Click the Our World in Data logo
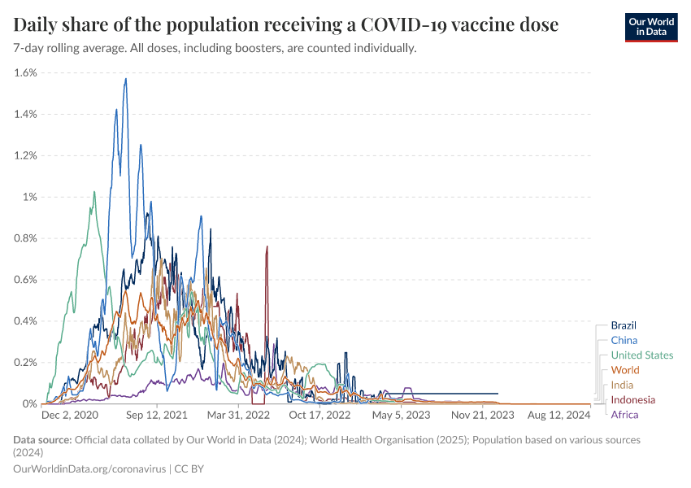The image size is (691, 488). (650, 27)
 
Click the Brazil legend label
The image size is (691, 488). (623, 325)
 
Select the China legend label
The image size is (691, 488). (624, 340)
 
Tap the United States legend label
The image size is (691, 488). (641, 355)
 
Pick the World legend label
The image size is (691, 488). (624, 370)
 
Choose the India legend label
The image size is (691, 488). (622, 385)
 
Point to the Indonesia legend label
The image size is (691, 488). (632, 399)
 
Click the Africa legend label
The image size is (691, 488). (624, 415)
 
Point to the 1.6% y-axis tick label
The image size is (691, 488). (26, 72)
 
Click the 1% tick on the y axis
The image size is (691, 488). (31, 197)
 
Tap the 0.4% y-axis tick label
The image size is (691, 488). (26, 320)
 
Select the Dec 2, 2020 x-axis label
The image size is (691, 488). (69, 415)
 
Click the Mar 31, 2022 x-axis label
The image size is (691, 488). (239, 415)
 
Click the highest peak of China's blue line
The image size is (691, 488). (125, 78)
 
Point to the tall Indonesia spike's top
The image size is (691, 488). (267, 246)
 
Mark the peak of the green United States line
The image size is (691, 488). (94, 192)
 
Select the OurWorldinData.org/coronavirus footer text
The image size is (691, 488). (89, 468)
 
